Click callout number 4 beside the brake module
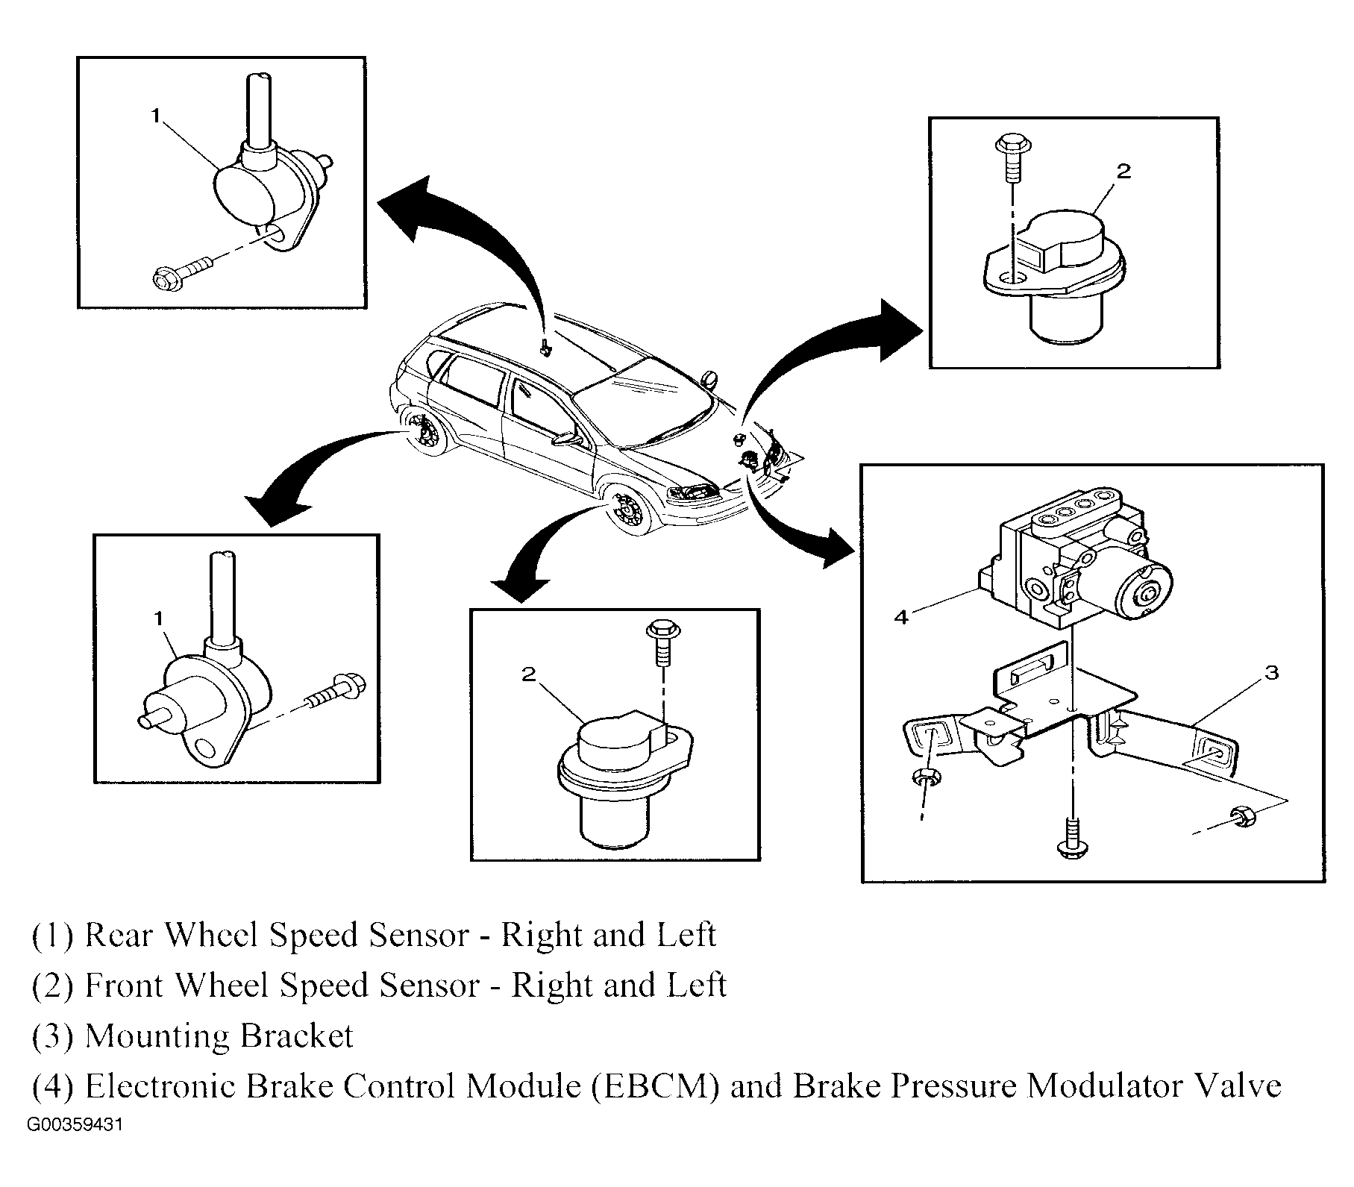pyautogui.click(x=901, y=617)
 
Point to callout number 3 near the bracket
pyautogui.click(x=1272, y=672)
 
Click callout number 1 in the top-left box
pyautogui.click(x=155, y=115)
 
